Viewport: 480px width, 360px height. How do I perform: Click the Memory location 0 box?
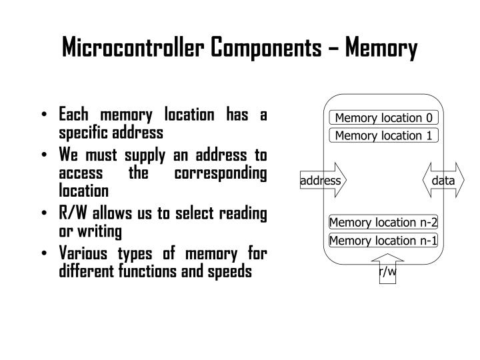coord(384,119)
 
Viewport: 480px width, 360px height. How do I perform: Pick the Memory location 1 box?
coord(384,136)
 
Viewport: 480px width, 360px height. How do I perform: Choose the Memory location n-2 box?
coord(383,223)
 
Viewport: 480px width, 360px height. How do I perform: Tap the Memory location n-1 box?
coord(383,241)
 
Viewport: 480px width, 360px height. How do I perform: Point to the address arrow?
coord(324,181)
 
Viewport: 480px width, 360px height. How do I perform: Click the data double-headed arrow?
coord(442,181)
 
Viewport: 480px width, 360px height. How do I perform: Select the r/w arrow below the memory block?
coord(387,270)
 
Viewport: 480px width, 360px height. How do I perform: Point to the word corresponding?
coord(222,173)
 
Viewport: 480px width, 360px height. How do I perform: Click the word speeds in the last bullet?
coord(231,272)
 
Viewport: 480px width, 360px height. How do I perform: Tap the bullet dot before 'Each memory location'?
coord(44,115)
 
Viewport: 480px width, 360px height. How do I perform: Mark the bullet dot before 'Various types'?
coord(44,255)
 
